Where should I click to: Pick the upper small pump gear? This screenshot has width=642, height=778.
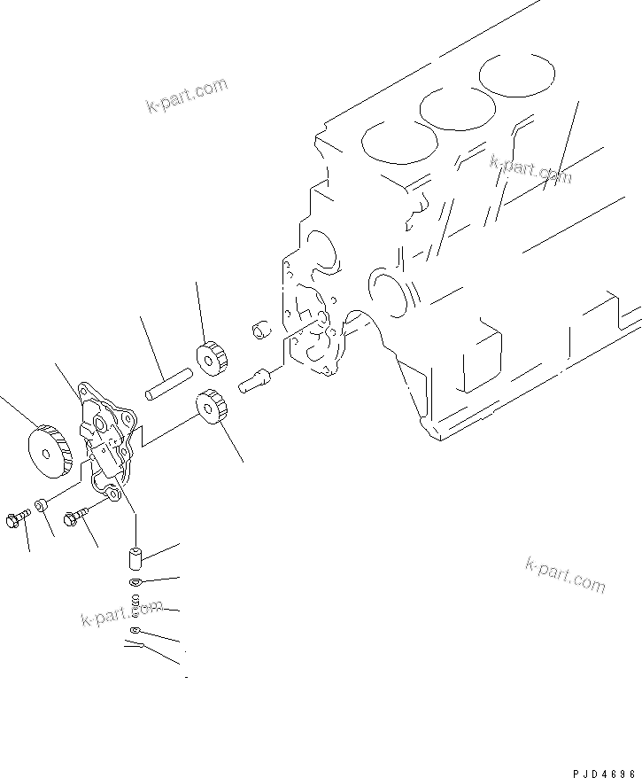213,356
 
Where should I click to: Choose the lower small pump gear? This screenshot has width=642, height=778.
209,407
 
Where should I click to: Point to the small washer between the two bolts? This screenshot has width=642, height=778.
42,506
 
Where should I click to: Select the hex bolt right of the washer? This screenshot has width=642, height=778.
77,514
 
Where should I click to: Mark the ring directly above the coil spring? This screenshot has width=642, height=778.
135,582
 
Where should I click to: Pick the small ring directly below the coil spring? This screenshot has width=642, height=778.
134,630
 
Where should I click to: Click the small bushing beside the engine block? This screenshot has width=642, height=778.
260,329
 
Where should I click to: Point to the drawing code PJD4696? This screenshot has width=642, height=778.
599,771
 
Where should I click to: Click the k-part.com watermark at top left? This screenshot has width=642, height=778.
187,97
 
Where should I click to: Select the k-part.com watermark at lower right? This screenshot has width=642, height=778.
565,575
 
